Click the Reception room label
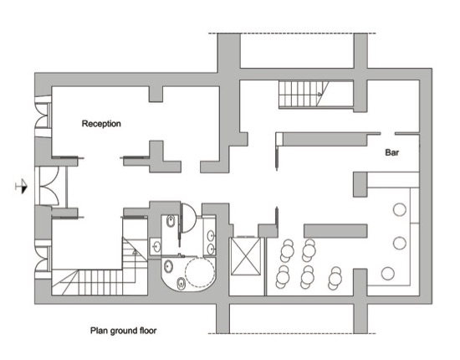(101, 124)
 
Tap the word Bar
(392, 152)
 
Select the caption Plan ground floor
(123, 331)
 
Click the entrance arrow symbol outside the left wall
(22, 187)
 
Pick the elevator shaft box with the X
(246, 256)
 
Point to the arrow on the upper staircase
(319, 94)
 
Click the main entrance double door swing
(49, 186)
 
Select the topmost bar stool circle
(399, 209)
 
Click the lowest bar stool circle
(388, 273)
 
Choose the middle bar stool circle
(399, 243)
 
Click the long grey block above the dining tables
(335, 231)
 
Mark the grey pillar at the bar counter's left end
(360, 184)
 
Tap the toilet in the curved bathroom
(181, 284)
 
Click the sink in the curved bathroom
(168, 265)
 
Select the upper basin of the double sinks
(211, 235)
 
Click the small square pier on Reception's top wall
(156, 94)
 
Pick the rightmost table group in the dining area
(335, 278)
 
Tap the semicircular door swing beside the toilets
(187, 218)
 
